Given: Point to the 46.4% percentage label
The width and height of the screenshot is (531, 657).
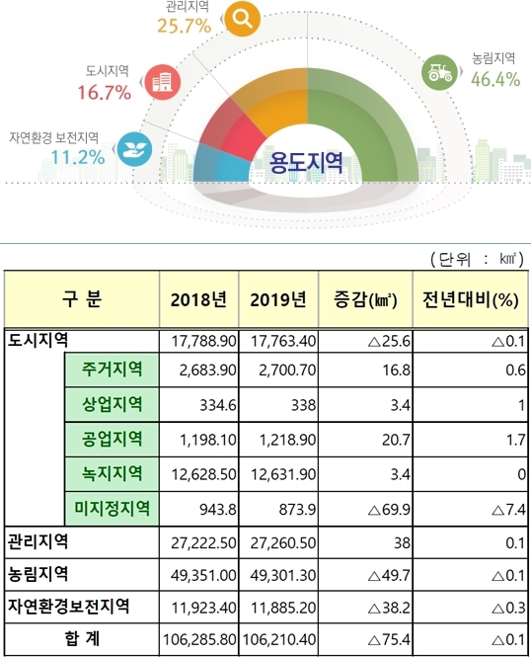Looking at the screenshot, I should [495, 79].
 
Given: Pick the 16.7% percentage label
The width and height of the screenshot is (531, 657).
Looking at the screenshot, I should [106, 93].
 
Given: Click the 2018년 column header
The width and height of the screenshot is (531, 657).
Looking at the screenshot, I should [198, 298].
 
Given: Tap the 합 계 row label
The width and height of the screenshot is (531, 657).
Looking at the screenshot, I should [78, 640].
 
